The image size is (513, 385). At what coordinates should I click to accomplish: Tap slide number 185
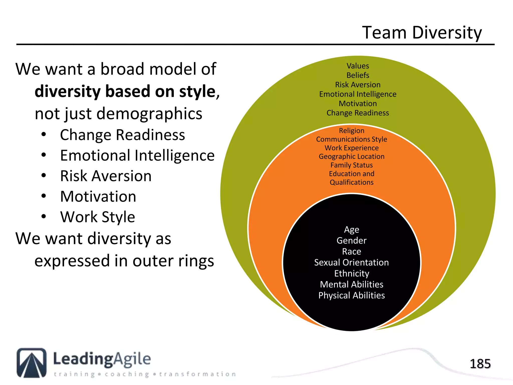pos(480,364)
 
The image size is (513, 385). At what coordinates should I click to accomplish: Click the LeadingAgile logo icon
pos(32,363)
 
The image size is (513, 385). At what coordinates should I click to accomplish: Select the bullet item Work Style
pos(98,217)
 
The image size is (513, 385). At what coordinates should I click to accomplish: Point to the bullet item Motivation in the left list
pos(98,196)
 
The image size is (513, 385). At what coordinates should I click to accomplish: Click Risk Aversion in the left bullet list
pos(106,176)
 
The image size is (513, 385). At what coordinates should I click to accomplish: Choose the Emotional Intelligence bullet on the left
pos(137,155)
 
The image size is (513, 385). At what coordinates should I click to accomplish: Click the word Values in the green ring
pos(358,66)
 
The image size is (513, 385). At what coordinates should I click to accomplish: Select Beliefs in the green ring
pos(358,75)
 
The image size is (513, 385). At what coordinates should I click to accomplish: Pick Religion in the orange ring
pos(351,131)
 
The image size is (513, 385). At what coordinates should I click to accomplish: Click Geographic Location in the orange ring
pos(351,156)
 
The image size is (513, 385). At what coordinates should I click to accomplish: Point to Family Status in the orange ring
pos(351,165)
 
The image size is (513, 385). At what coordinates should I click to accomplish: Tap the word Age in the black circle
pos(351,230)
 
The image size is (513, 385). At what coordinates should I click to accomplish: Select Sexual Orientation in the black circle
pos(351,262)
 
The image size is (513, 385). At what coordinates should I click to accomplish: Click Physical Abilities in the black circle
pos(351,295)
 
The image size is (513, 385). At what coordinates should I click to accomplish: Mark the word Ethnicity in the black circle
pos(351,273)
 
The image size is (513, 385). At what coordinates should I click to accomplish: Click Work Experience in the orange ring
pos(351,148)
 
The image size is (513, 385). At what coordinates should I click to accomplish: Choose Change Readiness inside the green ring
pos(358,113)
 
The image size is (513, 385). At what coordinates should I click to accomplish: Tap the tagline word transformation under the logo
pos(198,374)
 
